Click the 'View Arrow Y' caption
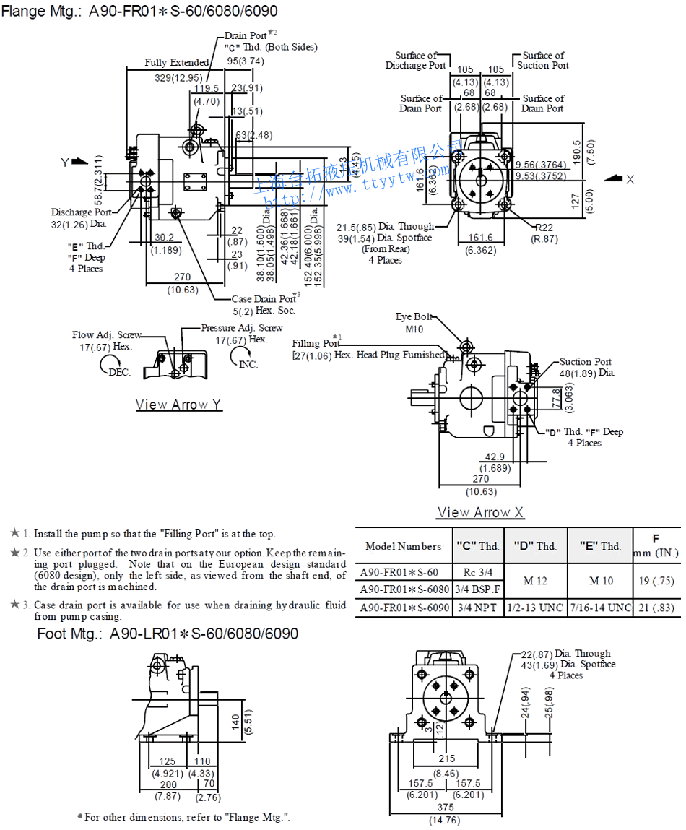click(178, 405)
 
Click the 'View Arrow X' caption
click(480, 512)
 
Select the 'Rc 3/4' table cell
click(476, 572)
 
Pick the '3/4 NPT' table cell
click(477, 608)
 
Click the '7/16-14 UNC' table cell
click(599, 608)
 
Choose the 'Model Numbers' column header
click(403, 546)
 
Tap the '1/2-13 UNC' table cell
click(535, 608)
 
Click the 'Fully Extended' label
click(176, 63)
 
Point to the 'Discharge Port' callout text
click(81, 212)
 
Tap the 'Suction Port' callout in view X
click(585, 362)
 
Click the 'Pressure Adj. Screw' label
click(242, 328)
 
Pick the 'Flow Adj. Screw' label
click(106, 335)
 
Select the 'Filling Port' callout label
click(316, 343)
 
